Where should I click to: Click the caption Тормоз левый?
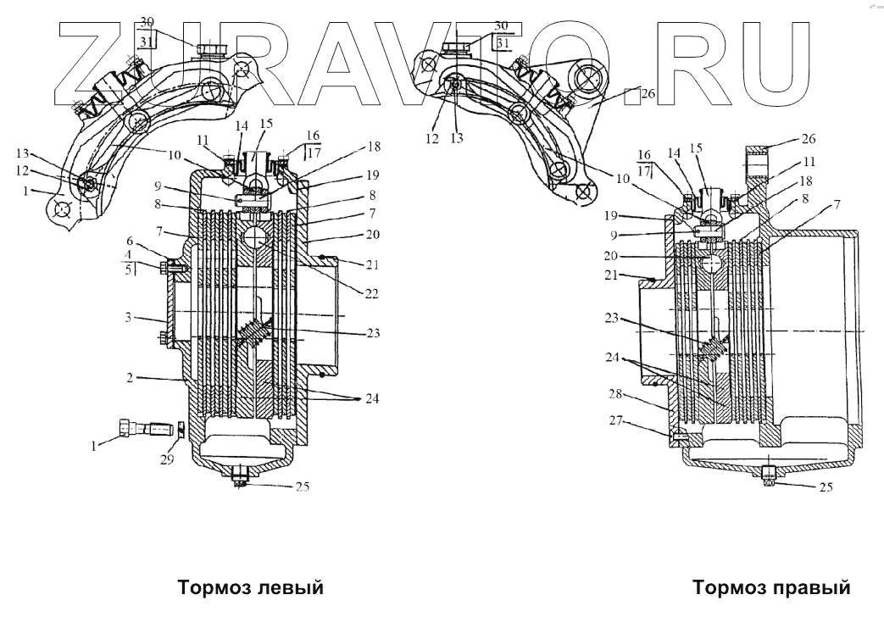[x=250, y=587]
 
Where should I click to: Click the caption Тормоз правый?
[x=770, y=587]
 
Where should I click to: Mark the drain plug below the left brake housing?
[x=240, y=479]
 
